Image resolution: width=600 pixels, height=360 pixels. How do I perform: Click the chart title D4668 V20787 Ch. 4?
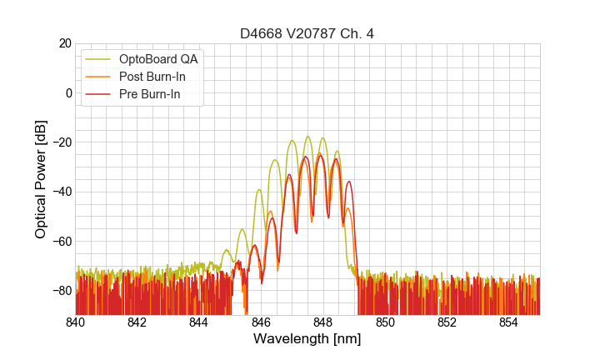pos(307,33)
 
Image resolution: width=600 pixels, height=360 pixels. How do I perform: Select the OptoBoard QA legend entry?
pos(157,59)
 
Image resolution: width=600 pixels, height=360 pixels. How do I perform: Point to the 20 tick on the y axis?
pos(64,43)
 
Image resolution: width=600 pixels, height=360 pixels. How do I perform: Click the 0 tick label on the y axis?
pos(68,92)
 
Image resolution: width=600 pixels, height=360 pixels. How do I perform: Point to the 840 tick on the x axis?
pos(76,322)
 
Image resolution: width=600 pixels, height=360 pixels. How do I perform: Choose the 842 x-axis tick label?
pos(137,322)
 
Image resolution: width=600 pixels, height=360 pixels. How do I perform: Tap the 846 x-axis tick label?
pos(262,322)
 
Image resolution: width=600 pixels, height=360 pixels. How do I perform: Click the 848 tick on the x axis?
pos(323,322)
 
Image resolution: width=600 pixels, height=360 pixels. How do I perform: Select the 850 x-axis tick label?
pos(385,322)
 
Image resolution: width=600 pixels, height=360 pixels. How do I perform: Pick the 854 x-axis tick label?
pos(509,322)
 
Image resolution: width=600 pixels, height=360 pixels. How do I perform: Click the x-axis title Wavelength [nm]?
pos(307,339)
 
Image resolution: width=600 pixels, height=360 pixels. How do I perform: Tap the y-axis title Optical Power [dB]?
pos(41,179)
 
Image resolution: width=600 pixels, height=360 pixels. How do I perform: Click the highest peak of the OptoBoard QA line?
pos(308,137)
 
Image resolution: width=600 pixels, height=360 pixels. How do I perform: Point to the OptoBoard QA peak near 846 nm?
pos(259,190)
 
